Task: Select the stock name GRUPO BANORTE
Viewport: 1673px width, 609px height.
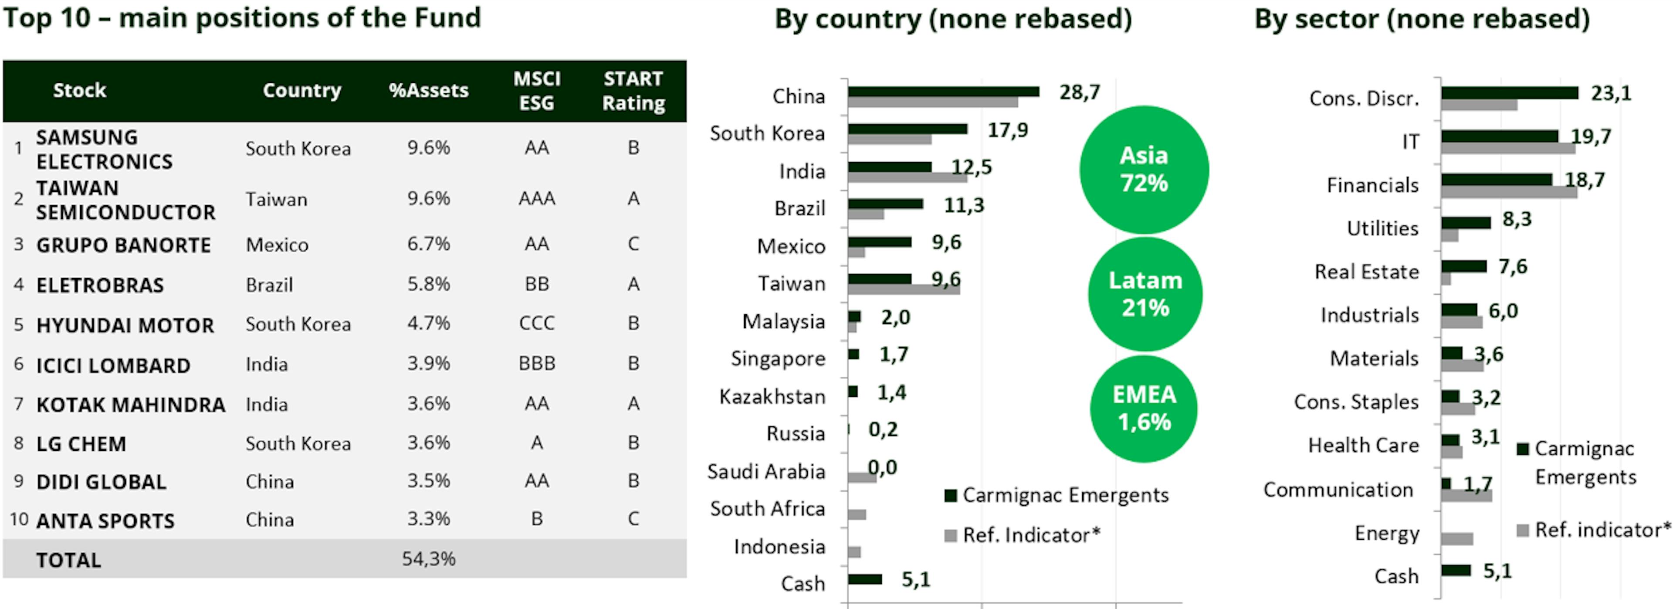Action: (x=123, y=245)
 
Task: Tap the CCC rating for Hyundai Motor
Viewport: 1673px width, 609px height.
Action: (x=536, y=323)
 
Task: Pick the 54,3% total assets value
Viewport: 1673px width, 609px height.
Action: (x=429, y=558)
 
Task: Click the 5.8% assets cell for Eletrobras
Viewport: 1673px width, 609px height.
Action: (x=429, y=284)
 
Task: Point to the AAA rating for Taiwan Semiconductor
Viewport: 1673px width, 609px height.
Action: (x=536, y=198)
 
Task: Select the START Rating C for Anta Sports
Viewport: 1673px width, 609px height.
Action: (x=633, y=519)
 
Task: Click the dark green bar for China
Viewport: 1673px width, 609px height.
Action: (x=943, y=92)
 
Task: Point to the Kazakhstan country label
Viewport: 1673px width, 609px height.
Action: (x=772, y=396)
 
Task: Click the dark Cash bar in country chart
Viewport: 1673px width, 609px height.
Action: (x=864, y=579)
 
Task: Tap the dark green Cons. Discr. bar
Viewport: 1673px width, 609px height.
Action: (x=1509, y=93)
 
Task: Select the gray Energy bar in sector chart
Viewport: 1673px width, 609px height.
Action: (x=1457, y=539)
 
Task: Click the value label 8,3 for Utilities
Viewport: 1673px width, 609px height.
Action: (x=1517, y=219)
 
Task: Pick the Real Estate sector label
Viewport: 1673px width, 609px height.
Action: (x=1366, y=272)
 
